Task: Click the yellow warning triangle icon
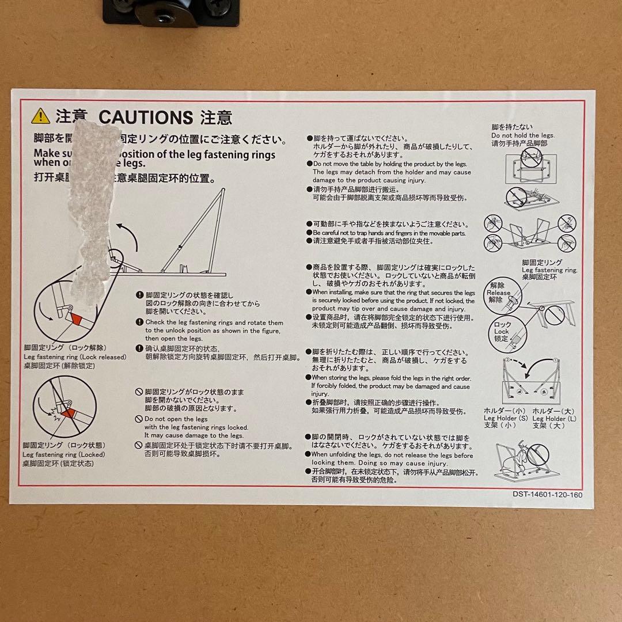point(41,116)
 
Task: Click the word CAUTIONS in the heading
point(145,117)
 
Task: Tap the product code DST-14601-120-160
point(548,494)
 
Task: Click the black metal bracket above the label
point(170,12)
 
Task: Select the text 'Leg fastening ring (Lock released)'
point(75,357)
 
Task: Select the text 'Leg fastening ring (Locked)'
point(64,454)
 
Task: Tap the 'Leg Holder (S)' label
point(506,418)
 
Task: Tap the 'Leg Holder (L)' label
point(553,418)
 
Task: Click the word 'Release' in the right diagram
point(499,293)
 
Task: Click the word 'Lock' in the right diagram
point(501,332)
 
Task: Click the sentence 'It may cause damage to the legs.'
point(194,435)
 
